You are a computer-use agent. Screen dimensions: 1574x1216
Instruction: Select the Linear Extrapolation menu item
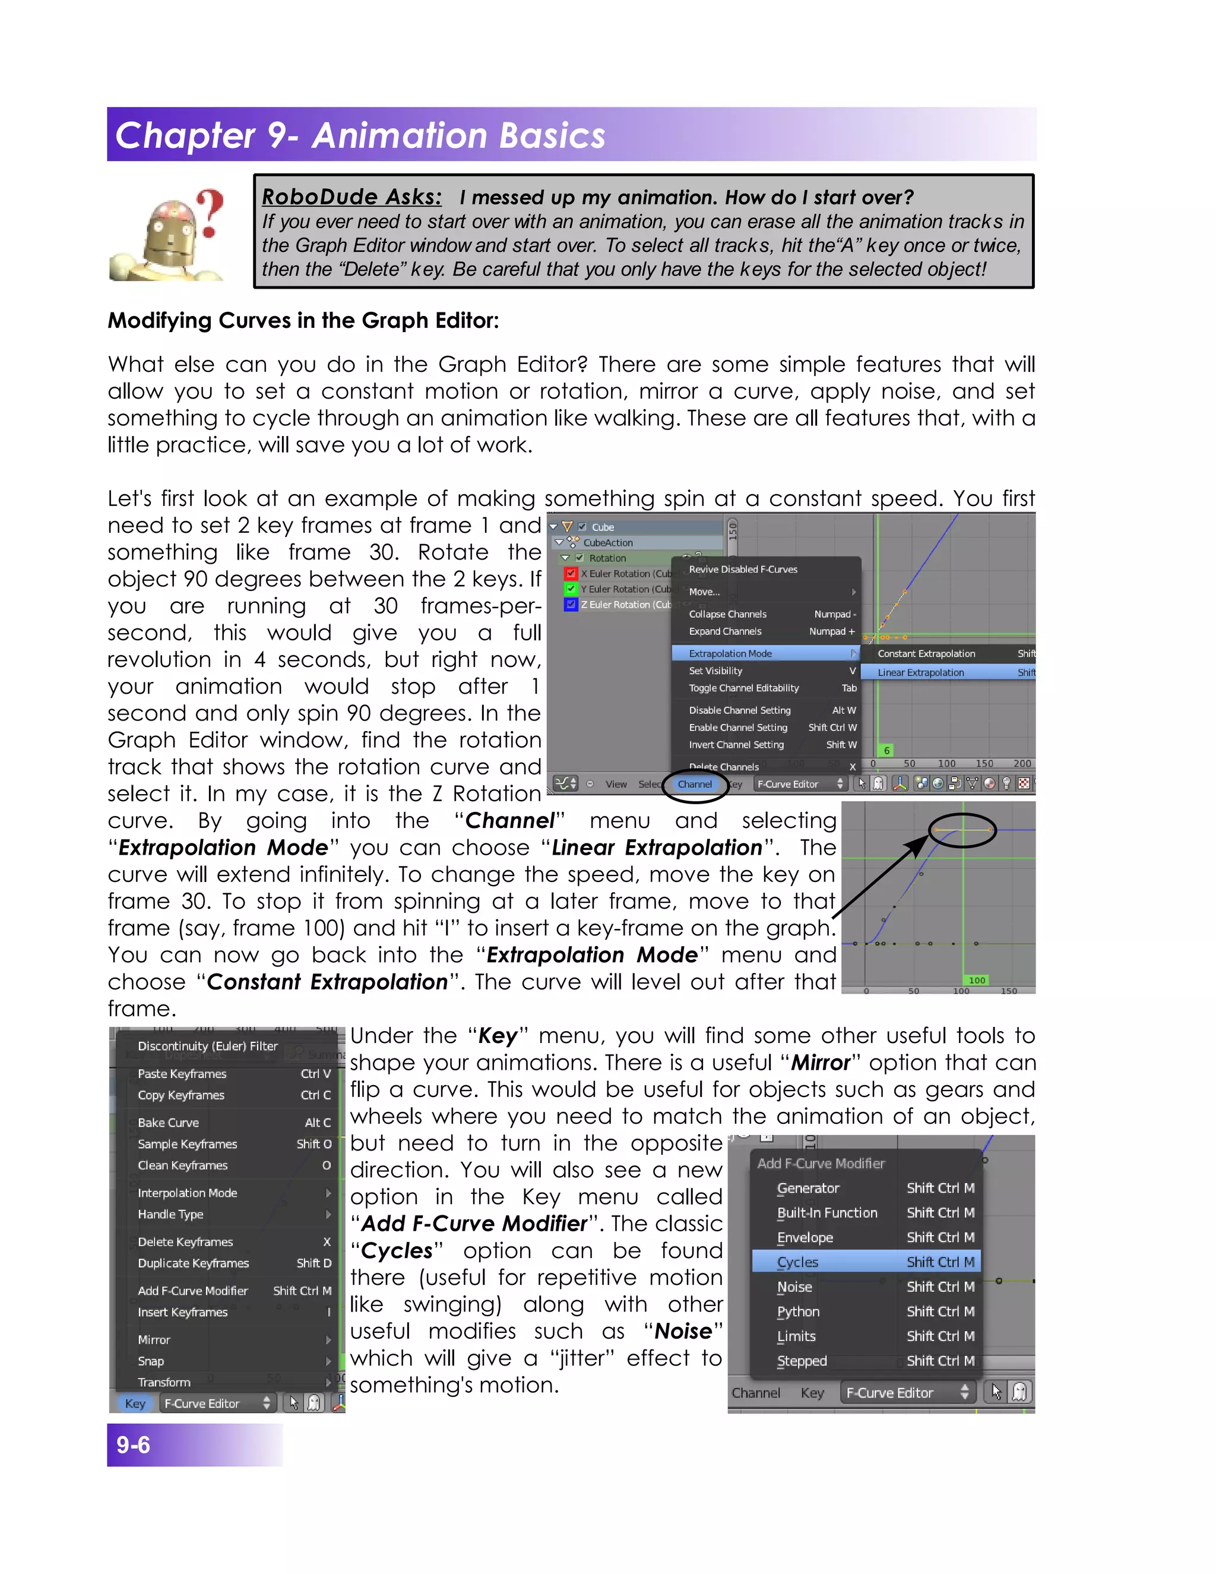921,672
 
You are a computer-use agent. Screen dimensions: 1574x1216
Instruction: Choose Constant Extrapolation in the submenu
926,654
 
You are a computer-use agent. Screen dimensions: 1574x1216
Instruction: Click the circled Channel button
695,784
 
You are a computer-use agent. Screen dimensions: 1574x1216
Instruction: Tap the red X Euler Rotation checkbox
571,574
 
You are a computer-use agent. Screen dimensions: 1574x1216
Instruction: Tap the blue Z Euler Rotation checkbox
571,605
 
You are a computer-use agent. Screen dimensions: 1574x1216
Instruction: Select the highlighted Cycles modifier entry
798,1262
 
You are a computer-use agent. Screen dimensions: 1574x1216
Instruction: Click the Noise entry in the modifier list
794,1287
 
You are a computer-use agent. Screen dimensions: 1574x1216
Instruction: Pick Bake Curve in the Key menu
169,1123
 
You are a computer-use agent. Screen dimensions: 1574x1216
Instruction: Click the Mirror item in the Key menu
154,1340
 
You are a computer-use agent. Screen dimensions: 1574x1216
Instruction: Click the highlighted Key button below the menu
135,1403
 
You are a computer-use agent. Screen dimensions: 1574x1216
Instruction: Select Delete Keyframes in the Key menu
186,1242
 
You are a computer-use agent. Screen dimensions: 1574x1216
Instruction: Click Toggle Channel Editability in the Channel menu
744,688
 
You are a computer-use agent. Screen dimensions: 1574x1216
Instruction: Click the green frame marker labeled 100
977,980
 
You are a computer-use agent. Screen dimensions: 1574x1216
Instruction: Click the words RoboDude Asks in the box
352,197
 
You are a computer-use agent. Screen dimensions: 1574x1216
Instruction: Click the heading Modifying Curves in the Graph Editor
303,320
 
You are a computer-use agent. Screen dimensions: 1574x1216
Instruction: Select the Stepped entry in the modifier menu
802,1361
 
